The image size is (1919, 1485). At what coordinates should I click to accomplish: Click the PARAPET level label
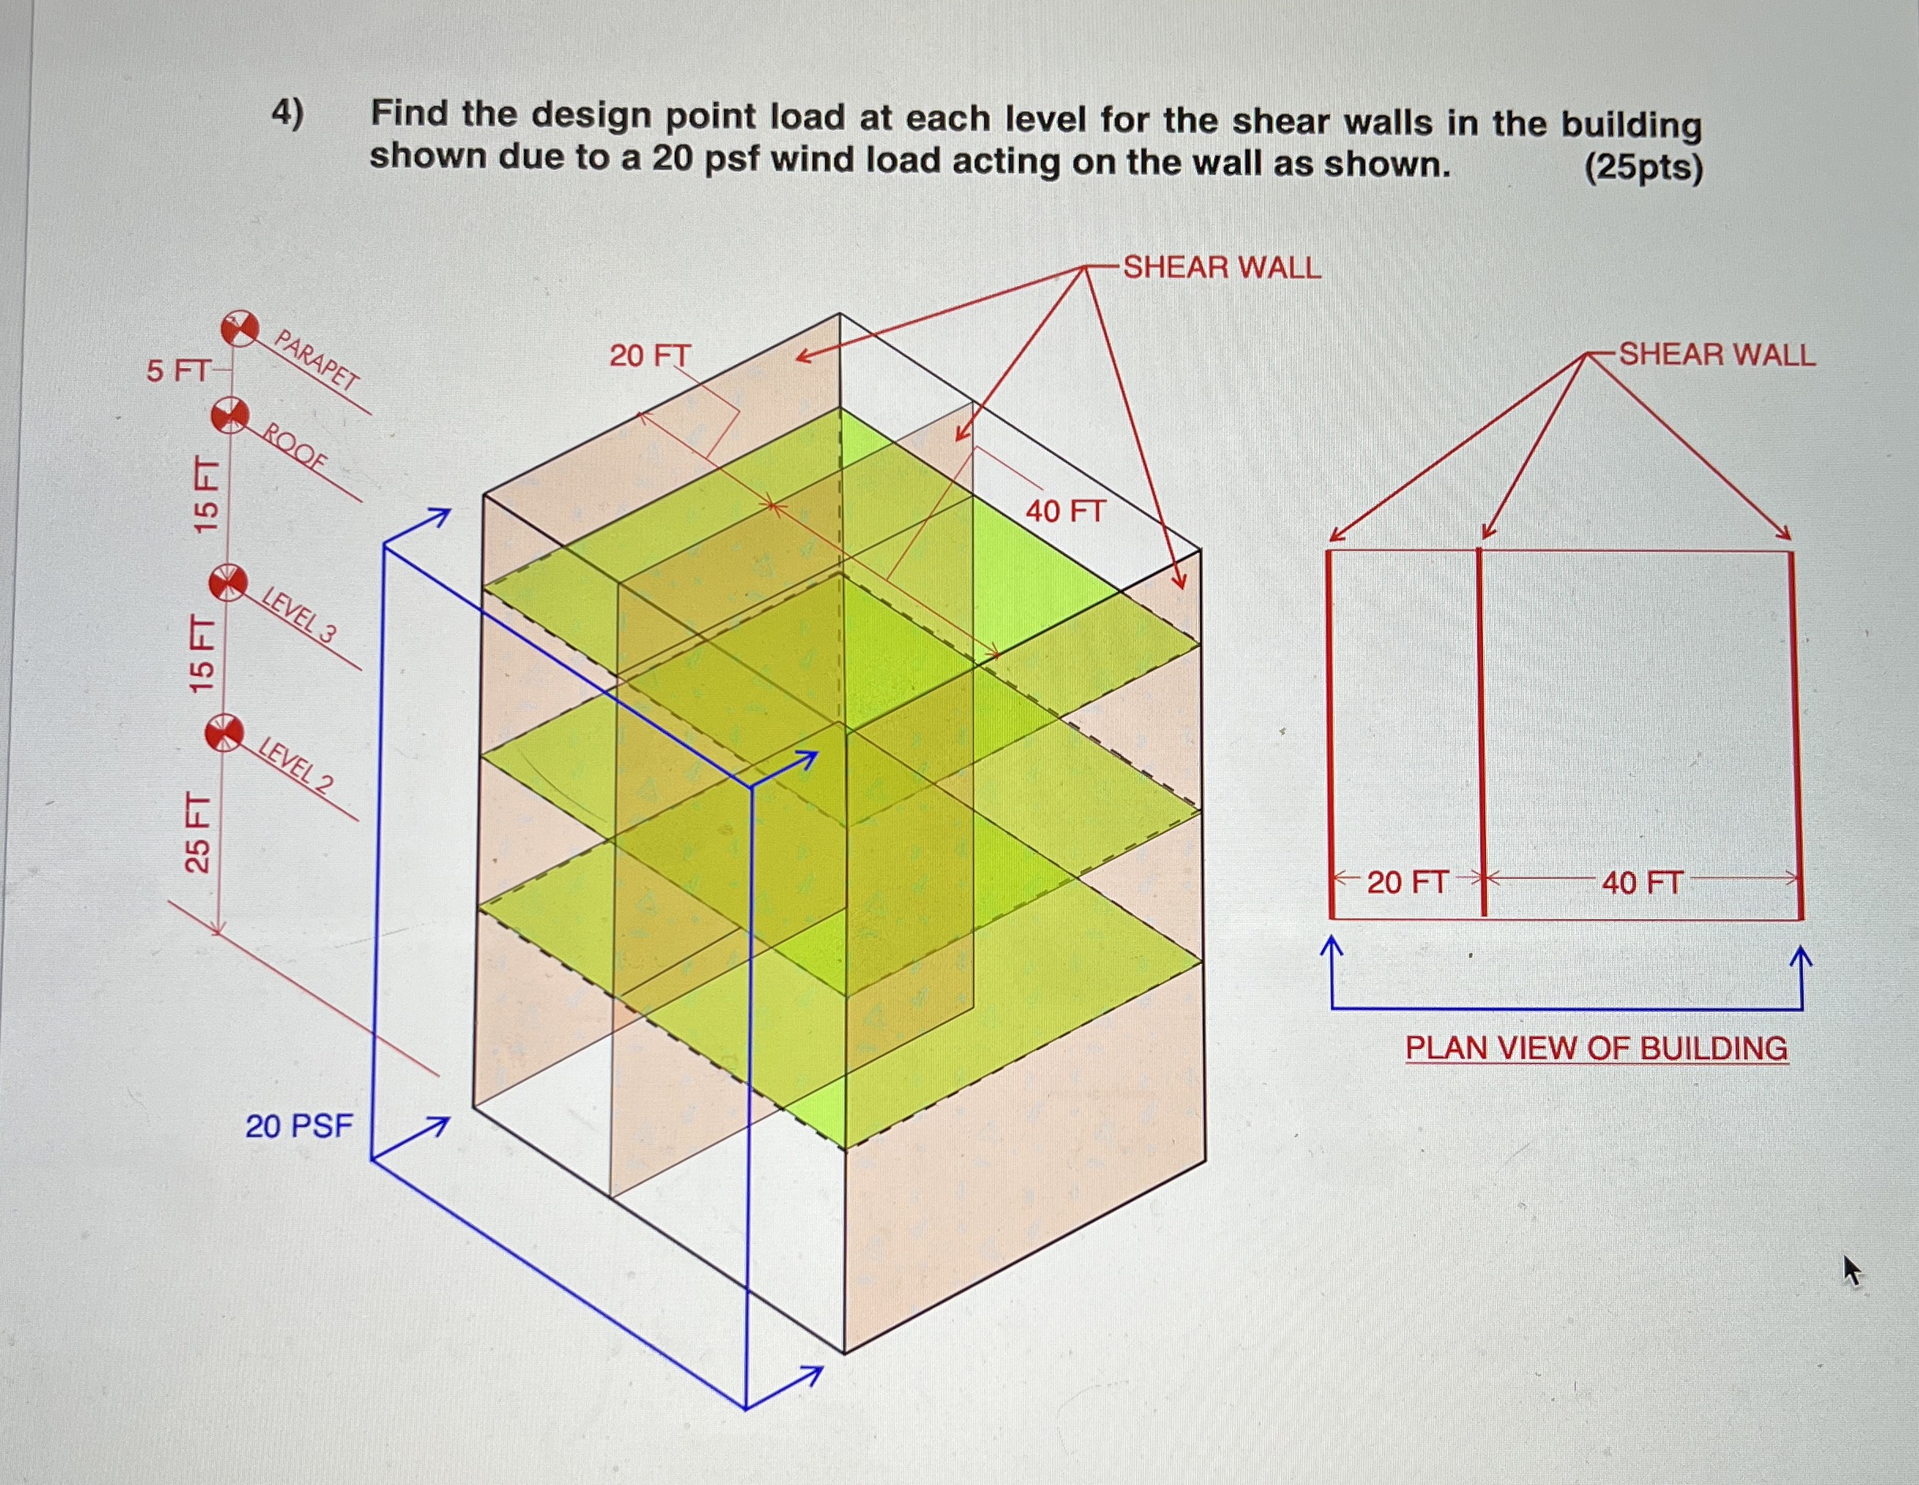click(x=317, y=359)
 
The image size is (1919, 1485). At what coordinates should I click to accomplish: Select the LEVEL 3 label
click(x=300, y=616)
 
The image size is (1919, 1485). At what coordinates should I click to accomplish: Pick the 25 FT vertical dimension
click(x=199, y=832)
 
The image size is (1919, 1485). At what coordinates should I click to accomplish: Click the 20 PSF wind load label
click(x=299, y=1126)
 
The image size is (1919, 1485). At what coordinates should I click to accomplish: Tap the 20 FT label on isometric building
click(x=650, y=355)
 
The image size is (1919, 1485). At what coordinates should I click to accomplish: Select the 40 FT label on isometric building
click(x=1064, y=512)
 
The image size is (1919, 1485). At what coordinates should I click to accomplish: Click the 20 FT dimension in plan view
click(x=1407, y=882)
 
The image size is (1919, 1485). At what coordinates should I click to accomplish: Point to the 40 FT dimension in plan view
click(x=1641, y=882)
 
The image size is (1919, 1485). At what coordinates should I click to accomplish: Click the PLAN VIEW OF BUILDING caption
click(x=1596, y=1048)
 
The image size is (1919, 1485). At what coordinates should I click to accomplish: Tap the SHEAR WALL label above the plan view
click(x=1717, y=355)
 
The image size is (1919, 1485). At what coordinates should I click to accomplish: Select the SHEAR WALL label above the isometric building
click(x=1221, y=268)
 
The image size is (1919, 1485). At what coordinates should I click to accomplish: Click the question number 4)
click(x=287, y=114)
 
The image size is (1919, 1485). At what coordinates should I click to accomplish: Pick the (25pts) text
click(x=1643, y=167)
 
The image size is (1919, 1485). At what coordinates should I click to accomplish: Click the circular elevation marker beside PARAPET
click(x=239, y=329)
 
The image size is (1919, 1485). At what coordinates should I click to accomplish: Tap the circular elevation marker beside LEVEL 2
click(x=224, y=733)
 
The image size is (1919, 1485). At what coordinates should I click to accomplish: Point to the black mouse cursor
click(x=1851, y=1271)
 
